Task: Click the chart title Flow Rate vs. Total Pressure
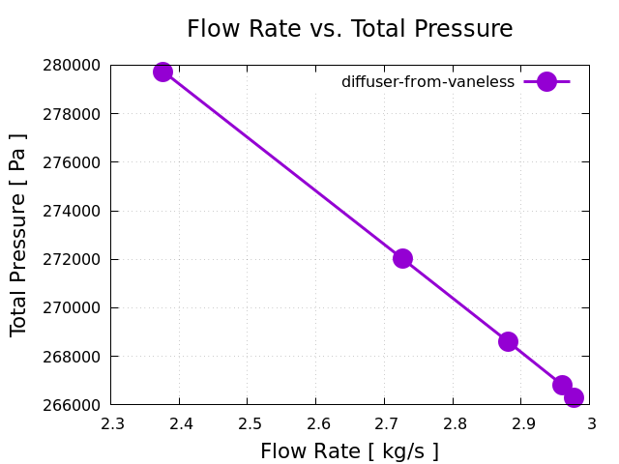click(349, 29)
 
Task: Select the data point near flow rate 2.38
click(162, 72)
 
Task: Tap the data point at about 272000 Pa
click(402, 258)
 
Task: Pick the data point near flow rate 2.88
click(508, 341)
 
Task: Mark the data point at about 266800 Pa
click(562, 385)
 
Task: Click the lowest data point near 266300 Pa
click(574, 397)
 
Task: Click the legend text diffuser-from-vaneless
click(427, 82)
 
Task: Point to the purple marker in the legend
click(546, 82)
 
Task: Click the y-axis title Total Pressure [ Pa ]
click(18, 234)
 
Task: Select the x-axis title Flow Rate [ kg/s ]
click(349, 451)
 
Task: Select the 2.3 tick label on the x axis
click(112, 423)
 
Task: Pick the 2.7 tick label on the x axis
click(384, 423)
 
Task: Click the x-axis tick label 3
click(589, 423)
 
